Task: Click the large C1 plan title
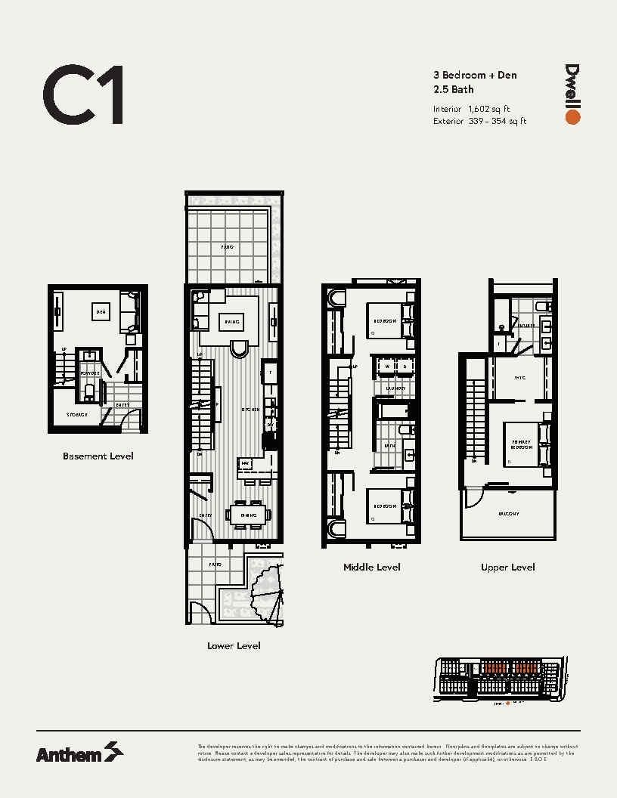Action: coord(83,95)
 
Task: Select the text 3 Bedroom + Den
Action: coord(475,75)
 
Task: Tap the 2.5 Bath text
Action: coord(454,89)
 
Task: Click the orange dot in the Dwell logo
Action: coord(572,117)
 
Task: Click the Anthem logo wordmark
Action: coord(69,753)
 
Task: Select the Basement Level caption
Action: coord(98,456)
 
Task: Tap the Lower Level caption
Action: coord(234,645)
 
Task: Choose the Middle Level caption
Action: coord(371,567)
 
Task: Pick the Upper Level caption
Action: coord(507,567)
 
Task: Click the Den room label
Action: coord(99,310)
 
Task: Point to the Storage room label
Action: coord(76,415)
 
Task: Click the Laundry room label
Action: coord(395,388)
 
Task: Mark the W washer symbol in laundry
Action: coord(387,367)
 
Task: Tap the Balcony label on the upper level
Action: coord(508,514)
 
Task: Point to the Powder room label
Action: coord(91,373)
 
